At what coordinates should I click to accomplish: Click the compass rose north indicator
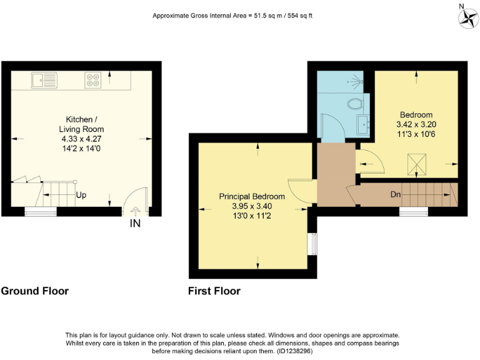(466, 18)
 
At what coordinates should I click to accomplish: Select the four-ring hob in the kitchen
(93, 79)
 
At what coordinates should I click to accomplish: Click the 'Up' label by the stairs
(81, 195)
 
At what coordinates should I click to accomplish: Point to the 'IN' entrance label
(134, 223)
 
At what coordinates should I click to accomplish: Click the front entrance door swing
(135, 204)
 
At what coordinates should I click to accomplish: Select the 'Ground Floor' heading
(35, 291)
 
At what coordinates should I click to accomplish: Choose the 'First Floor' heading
(214, 291)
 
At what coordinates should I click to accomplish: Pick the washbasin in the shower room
(362, 124)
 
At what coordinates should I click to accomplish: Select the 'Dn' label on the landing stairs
(396, 194)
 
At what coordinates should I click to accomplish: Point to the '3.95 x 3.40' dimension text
(252, 206)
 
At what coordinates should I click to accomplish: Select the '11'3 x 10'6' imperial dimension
(416, 134)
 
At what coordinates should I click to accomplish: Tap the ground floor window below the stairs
(40, 212)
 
